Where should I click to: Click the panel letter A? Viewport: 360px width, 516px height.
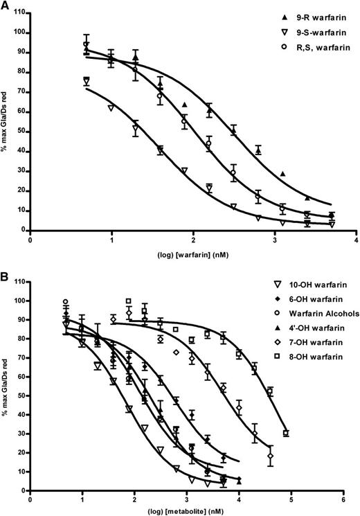coord(6,6)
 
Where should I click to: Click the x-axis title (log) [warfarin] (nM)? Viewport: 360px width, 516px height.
coord(192,254)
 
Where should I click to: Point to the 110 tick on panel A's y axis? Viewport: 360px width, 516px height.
coord(21,12)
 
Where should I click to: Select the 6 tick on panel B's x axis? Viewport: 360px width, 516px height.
coord(343,499)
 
